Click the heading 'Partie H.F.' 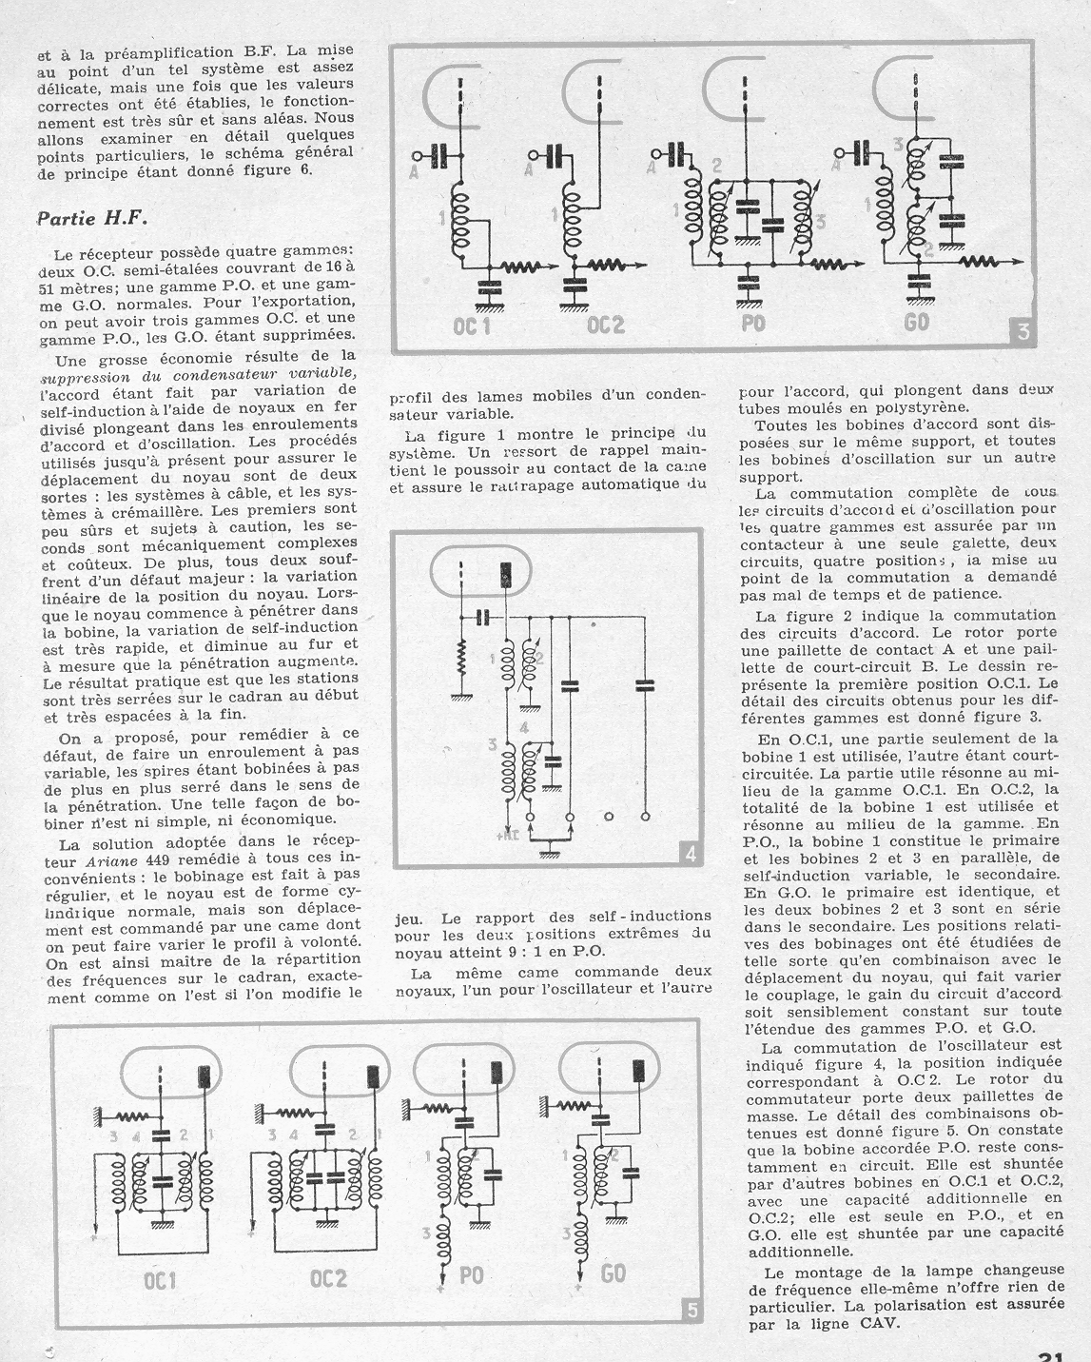click(x=92, y=217)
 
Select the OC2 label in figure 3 click(x=606, y=325)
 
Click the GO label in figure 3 click(x=916, y=322)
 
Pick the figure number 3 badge click(x=1022, y=331)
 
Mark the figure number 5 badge click(x=692, y=1311)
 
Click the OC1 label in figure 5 click(x=160, y=1280)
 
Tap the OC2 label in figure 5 click(x=328, y=1278)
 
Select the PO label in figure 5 click(x=471, y=1274)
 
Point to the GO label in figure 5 click(x=614, y=1273)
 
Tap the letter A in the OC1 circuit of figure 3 click(x=416, y=170)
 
